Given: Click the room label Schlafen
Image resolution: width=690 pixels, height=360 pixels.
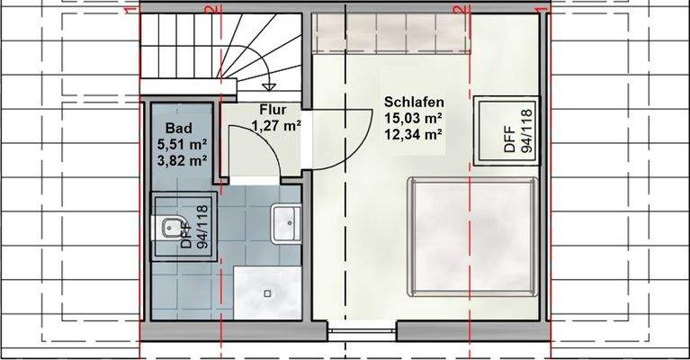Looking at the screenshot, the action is click(x=414, y=102).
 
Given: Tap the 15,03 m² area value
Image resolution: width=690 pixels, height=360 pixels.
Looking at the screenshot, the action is click(x=413, y=118).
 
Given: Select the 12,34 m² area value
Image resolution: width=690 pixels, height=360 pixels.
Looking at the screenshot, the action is click(x=413, y=134).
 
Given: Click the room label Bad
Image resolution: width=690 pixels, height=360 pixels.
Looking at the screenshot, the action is click(x=179, y=128).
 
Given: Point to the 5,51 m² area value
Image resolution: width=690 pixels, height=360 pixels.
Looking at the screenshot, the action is click(x=182, y=144).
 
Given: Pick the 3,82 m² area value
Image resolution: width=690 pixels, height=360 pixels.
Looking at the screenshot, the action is click(x=182, y=160).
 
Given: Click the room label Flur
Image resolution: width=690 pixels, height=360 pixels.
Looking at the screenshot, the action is click(x=273, y=110).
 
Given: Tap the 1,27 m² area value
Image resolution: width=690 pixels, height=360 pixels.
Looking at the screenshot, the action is click(x=276, y=126).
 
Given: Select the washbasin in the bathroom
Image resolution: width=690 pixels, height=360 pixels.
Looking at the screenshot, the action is click(x=286, y=223).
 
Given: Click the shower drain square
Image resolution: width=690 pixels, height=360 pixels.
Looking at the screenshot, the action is click(x=267, y=293).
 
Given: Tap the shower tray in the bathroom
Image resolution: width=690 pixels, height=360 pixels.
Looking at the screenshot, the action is click(x=267, y=292).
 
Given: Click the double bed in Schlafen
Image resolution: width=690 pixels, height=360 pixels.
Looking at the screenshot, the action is click(x=472, y=237).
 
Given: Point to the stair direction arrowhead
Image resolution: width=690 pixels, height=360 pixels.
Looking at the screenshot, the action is click(x=268, y=86).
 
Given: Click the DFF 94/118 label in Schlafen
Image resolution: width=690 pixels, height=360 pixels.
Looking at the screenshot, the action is click(x=517, y=130).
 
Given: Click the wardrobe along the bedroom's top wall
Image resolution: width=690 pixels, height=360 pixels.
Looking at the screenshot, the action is click(x=390, y=34).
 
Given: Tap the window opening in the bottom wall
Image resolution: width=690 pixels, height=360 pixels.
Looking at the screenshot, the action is click(x=363, y=331).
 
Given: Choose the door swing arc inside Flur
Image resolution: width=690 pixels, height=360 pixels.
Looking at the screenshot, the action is click(x=264, y=137).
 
